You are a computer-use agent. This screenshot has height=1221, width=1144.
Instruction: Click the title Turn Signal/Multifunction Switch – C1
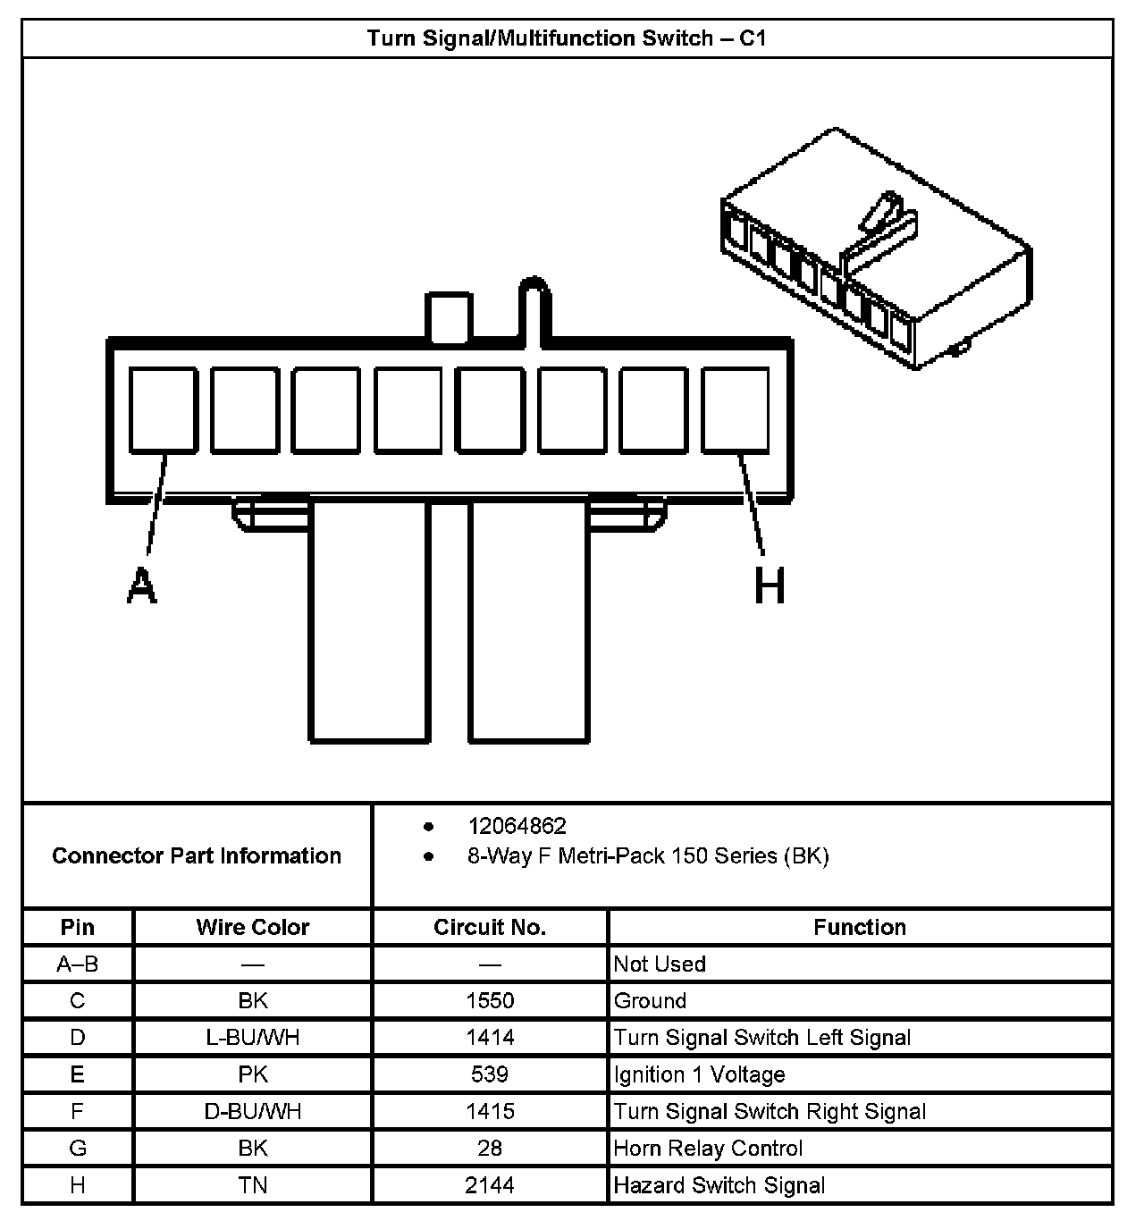tap(567, 38)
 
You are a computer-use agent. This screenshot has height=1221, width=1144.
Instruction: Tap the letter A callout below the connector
tap(141, 586)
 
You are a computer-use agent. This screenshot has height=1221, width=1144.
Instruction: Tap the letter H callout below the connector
tap(770, 586)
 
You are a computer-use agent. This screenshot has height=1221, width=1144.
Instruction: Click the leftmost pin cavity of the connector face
tap(163, 409)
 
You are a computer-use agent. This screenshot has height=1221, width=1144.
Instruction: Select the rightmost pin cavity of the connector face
tap(735, 409)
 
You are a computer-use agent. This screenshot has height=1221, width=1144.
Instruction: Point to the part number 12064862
tap(517, 826)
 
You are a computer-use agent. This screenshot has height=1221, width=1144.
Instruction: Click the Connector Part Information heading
tap(197, 855)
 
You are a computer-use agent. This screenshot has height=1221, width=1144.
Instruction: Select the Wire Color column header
tap(253, 927)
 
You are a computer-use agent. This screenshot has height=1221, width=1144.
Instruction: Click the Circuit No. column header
tap(490, 927)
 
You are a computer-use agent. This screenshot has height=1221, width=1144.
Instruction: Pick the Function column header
tap(860, 927)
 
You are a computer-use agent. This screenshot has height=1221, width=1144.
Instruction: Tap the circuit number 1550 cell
tap(490, 1000)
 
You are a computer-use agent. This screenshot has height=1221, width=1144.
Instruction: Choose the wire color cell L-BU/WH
tap(253, 1037)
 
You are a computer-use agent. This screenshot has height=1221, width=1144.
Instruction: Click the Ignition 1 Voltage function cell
tap(699, 1074)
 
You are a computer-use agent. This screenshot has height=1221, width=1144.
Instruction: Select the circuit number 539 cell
tap(490, 1074)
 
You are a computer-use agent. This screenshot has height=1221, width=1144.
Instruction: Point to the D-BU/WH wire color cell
tap(253, 1111)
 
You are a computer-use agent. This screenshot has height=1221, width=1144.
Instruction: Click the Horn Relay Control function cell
tap(708, 1148)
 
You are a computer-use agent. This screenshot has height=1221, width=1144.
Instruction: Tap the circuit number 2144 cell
tap(490, 1185)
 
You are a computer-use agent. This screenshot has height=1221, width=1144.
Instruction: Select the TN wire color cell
tap(253, 1185)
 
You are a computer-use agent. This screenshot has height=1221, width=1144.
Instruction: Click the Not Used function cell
tap(660, 964)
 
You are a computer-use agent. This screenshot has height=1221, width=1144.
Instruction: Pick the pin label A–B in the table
tap(78, 964)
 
